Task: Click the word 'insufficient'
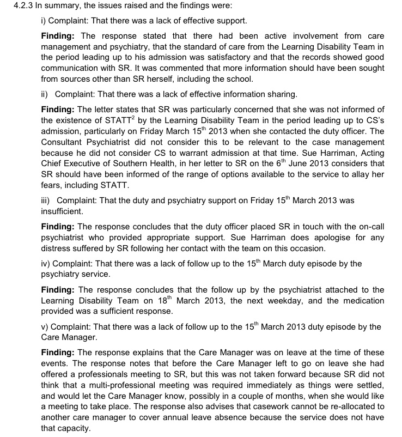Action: [x=62, y=211]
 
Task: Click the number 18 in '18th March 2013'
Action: [x=163, y=301]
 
